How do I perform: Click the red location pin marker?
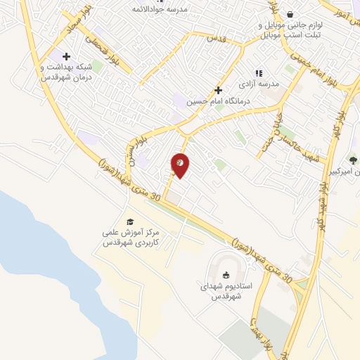click(181, 165)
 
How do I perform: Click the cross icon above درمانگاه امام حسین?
click(219, 90)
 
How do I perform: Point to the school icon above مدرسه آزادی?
click(259, 73)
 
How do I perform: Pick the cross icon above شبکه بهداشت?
click(67, 56)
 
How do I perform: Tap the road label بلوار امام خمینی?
click(323, 77)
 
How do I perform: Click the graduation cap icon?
click(129, 221)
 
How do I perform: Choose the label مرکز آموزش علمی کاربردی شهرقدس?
click(131, 236)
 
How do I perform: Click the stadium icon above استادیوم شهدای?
click(226, 276)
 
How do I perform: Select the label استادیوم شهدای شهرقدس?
click(226, 292)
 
